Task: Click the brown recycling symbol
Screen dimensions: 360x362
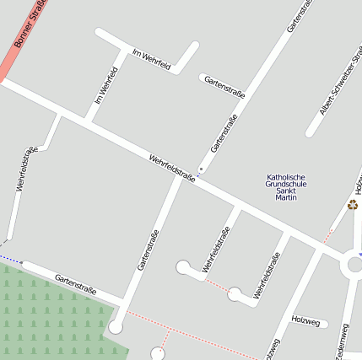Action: (352, 205)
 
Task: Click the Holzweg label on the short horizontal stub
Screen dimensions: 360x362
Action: (305, 320)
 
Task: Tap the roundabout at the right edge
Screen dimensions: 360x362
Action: (353, 264)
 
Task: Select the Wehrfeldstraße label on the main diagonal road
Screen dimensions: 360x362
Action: (172, 168)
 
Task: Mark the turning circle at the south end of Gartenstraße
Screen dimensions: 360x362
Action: (116, 327)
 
